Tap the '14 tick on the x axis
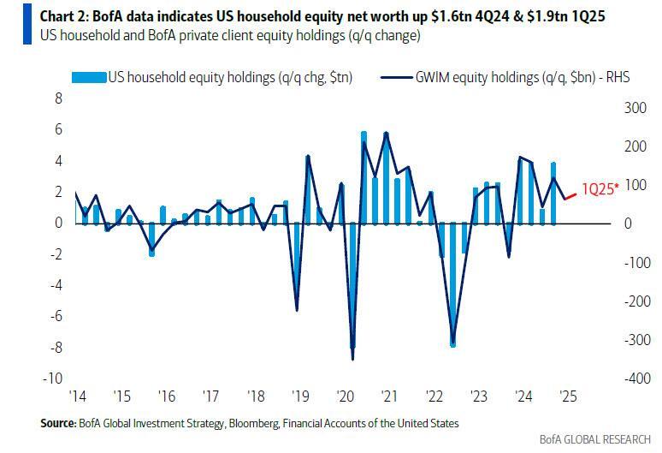click(x=77, y=396)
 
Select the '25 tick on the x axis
click(x=565, y=396)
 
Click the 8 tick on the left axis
click(x=59, y=98)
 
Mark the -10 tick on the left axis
click(x=55, y=378)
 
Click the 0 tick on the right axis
click(x=628, y=224)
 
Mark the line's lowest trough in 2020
click(x=352, y=359)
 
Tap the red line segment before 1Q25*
click(x=570, y=196)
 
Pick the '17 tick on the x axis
click(x=210, y=396)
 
